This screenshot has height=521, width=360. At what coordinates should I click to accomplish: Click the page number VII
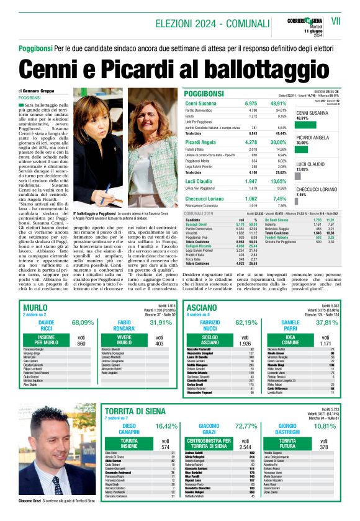336,21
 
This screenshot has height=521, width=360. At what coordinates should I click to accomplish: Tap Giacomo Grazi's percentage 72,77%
246,426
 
